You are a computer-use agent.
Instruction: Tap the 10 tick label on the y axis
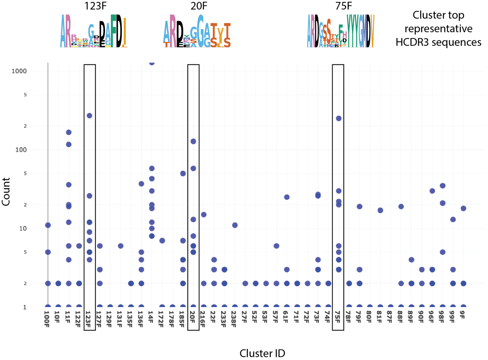[35, 228]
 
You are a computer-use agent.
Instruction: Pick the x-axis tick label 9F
[463, 316]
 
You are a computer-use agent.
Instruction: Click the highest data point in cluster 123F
[89, 116]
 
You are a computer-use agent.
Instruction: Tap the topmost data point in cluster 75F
[338, 118]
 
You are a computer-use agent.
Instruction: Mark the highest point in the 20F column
[193, 141]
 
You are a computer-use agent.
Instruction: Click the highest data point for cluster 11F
[69, 132]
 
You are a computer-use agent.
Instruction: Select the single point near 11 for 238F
[235, 225]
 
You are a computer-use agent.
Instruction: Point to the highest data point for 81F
[380, 210]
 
